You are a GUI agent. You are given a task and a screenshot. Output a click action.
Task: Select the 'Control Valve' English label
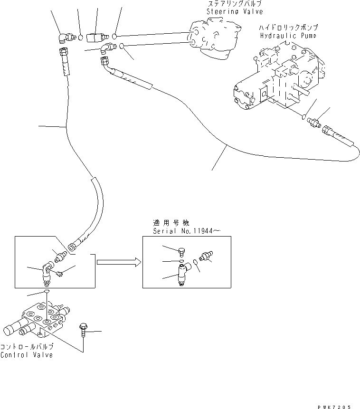tap(27, 355)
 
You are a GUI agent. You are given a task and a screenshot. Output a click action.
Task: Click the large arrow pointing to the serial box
tap(118, 261)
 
